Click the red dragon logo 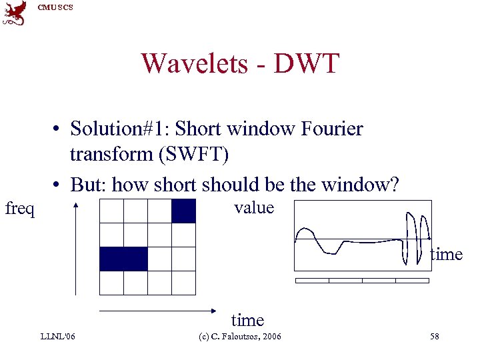[15, 13]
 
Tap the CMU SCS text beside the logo [54, 7]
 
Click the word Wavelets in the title [189, 64]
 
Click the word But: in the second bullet [88, 185]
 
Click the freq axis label [20, 209]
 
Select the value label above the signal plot [254, 207]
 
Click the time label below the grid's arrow [247, 321]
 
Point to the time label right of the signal [446, 254]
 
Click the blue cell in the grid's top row [183, 211]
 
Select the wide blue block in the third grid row [123, 259]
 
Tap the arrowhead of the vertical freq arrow [77, 206]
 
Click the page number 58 [434, 337]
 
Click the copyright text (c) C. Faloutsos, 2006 [246, 337]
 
